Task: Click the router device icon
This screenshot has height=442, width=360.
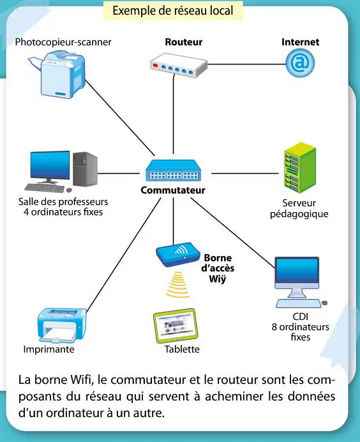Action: [179, 65]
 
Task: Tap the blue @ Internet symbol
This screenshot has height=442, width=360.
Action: [300, 63]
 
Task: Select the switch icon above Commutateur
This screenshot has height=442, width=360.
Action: [173, 170]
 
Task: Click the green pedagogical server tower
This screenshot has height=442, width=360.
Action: [300, 168]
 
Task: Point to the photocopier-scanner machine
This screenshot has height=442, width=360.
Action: [59, 74]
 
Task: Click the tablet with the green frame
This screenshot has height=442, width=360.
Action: [176, 326]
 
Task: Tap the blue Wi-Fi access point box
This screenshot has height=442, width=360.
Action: [178, 255]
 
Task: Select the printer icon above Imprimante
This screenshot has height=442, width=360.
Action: [62, 326]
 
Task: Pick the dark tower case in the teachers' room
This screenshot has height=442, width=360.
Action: [85, 169]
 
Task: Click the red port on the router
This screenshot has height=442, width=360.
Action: [155, 65]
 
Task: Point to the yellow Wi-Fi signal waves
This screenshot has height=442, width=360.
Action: [177, 284]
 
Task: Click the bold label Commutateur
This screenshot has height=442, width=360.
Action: [173, 190]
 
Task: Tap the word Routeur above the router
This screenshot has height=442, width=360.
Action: [184, 42]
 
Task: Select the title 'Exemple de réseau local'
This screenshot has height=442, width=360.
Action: [173, 11]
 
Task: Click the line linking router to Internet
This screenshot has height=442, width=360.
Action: [247, 65]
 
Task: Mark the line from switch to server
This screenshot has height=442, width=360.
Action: [245, 173]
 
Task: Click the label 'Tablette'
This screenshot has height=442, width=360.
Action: [182, 349]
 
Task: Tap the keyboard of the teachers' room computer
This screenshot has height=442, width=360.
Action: [45, 188]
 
